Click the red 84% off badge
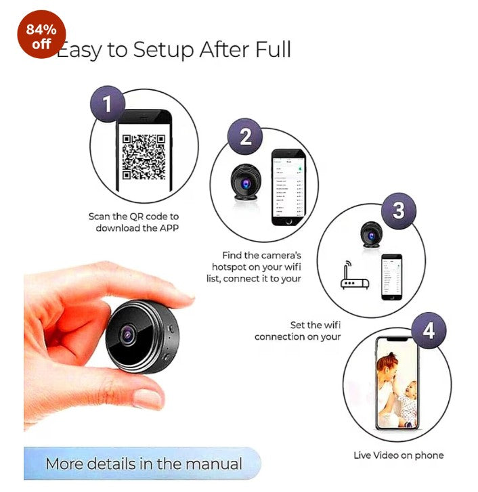coord(42,35)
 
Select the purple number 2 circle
coord(245,137)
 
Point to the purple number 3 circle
coord(398,210)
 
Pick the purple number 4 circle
coord(427,332)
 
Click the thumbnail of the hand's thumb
coord(146,398)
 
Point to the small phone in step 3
coord(391,277)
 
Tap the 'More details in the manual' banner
coord(143,464)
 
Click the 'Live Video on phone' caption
coord(398,455)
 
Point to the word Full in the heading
coord(270,49)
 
